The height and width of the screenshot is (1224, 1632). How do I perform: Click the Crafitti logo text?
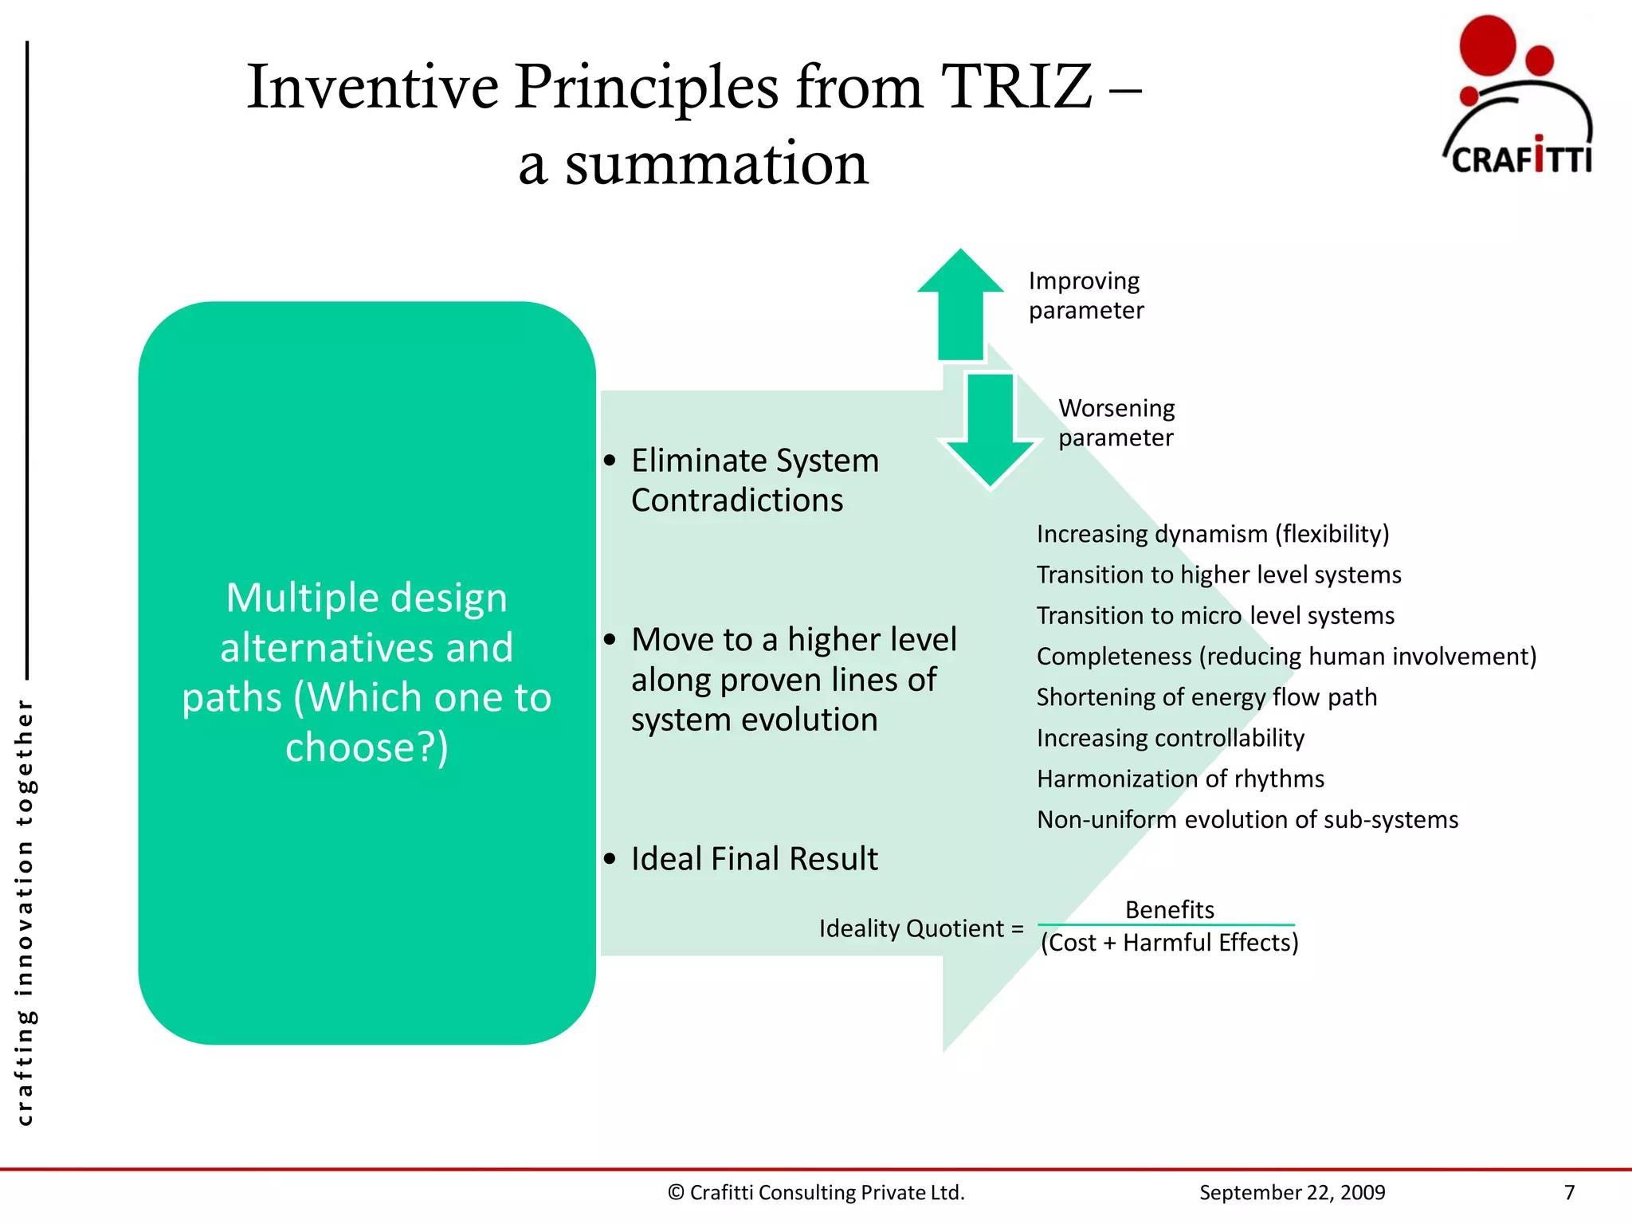[x=1520, y=159]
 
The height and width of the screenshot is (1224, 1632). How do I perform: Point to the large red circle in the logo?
[x=1487, y=46]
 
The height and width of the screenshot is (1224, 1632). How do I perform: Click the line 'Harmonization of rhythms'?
[x=1180, y=779]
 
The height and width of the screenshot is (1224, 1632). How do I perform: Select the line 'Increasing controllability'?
[x=1170, y=738]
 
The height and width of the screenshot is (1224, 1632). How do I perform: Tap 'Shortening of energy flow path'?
[x=1206, y=697]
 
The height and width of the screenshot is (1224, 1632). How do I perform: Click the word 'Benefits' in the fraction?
[x=1169, y=909]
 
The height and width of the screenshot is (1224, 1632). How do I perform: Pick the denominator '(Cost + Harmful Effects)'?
[x=1169, y=943]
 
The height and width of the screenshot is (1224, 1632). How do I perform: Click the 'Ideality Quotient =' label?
[x=921, y=928]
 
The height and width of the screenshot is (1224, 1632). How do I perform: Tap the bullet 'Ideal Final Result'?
[x=754, y=859]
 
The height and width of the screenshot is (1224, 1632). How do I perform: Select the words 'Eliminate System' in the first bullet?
[x=755, y=461]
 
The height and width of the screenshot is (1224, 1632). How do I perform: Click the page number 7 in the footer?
[x=1569, y=1192]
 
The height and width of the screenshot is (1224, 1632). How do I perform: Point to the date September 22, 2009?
[x=1292, y=1192]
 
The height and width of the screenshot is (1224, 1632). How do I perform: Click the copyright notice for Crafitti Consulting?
[x=816, y=1192]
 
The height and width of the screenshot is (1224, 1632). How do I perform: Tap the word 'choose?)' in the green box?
[x=367, y=747]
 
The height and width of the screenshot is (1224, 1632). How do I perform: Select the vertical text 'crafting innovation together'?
[x=25, y=912]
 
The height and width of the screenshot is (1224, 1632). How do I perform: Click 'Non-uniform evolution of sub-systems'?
[x=1247, y=819]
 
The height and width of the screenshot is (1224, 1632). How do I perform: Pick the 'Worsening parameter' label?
[x=1116, y=422]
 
